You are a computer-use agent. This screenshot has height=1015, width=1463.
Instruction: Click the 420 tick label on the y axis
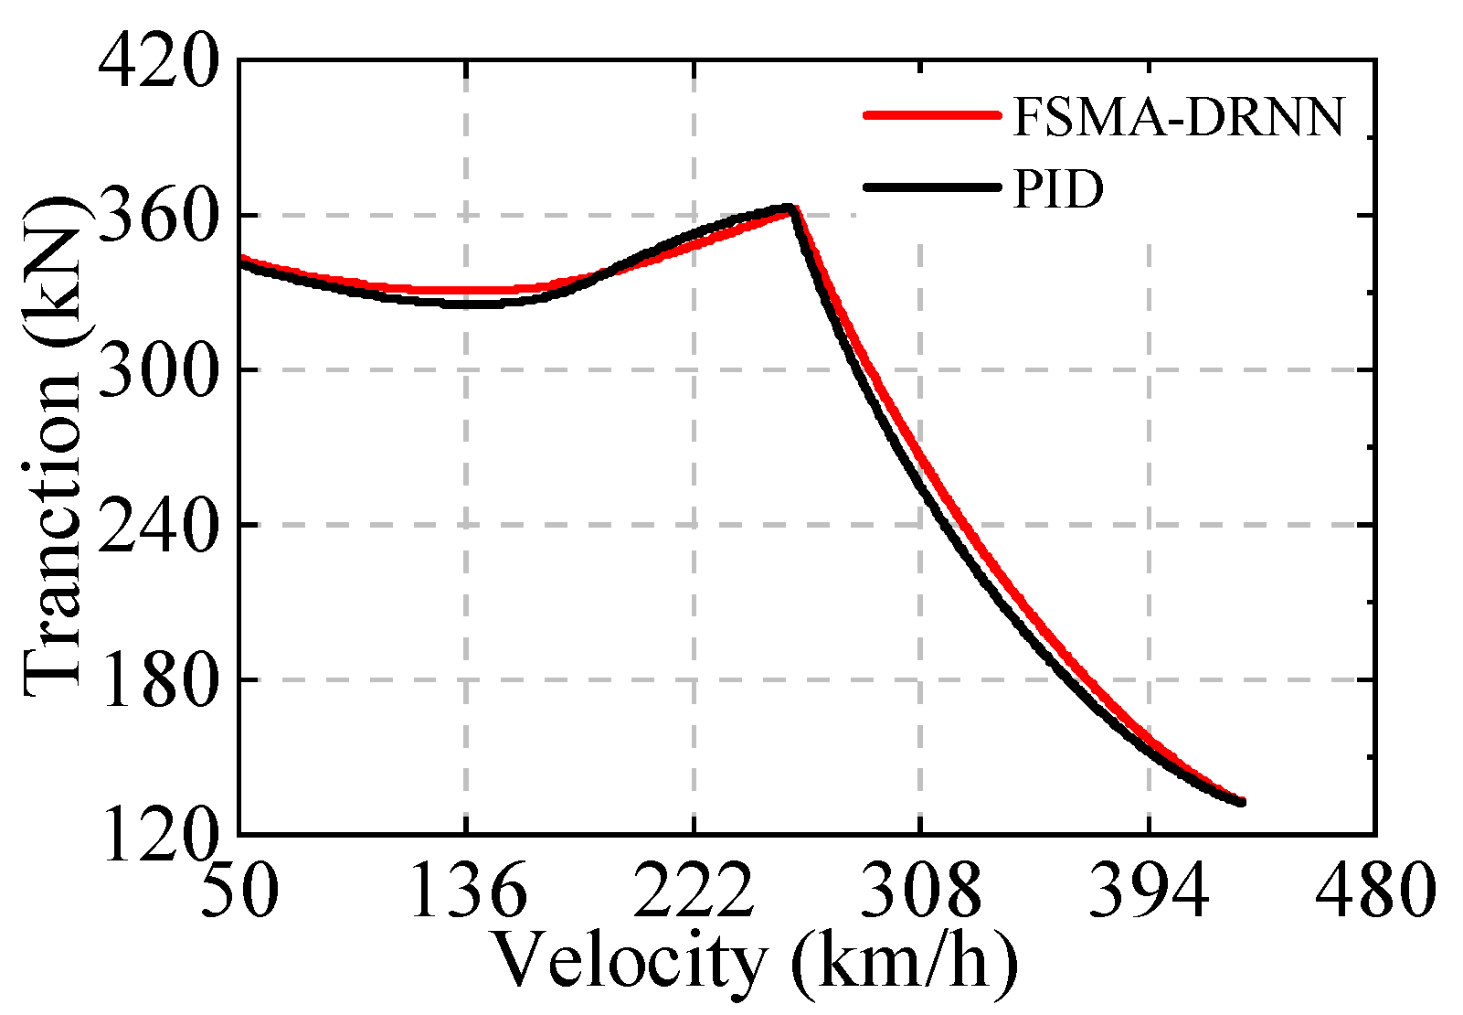[x=158, y=62]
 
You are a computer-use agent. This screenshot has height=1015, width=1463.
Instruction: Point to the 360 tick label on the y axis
[x=158, y=216]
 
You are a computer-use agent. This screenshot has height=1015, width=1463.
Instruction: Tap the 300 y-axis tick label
[x=158, y=370]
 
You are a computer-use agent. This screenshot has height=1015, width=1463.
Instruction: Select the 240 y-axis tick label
[x=158, y=525]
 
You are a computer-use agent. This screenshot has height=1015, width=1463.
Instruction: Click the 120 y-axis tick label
[x=158, y=834]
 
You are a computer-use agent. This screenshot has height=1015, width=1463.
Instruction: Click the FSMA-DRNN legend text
[x=1179, y=116]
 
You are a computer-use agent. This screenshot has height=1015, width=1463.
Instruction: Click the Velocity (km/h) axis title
[x=755, y=962]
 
